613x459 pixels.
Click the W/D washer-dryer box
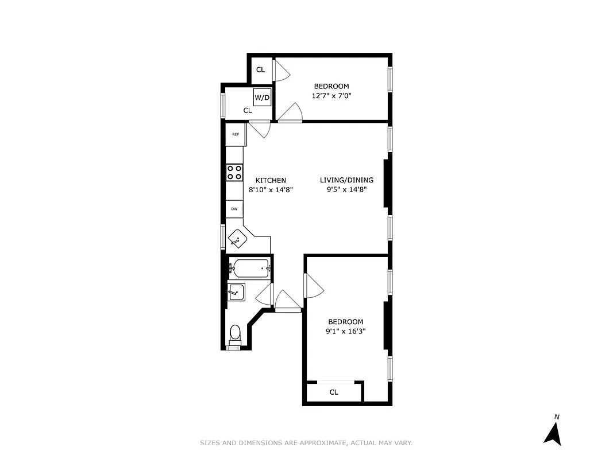pos(262,97)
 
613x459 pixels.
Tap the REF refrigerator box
pos(236,134)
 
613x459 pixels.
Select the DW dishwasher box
pos(234,209)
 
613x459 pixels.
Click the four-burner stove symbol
pos(234,172)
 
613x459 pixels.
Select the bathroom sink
pos(236,292)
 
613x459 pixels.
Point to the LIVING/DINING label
pos(346,180)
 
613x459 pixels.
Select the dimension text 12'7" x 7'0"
pos(331,96)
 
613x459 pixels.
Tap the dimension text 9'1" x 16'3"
pos(346,331)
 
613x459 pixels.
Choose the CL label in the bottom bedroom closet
pos(334,392)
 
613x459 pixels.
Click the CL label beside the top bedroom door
pos(260,70)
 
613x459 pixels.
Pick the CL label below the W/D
pos(248,110)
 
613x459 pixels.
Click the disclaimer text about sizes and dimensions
pos(306,443)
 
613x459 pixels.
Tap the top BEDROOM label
pos(331,87)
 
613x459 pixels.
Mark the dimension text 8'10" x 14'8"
pos(271,189)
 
